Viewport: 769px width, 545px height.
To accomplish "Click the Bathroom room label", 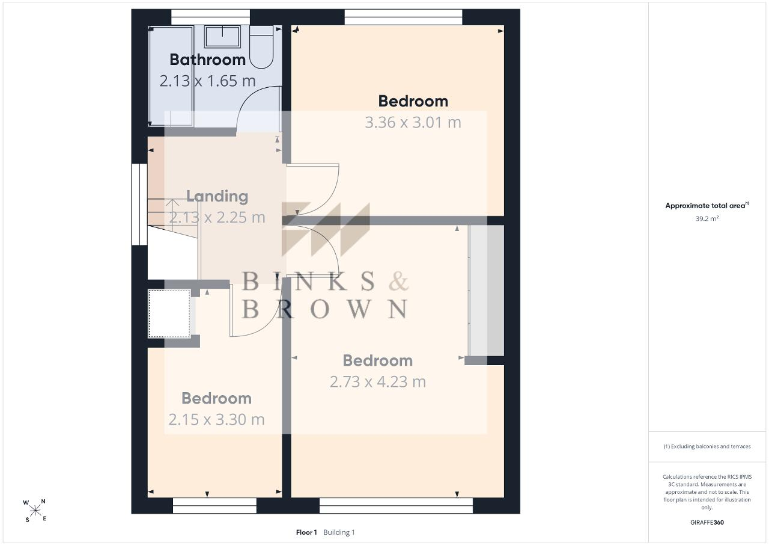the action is click(x=208, y=60).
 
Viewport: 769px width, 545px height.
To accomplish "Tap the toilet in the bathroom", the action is click(x=261, y=48).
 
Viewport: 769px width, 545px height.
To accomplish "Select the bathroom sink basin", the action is click(x=222, y=37).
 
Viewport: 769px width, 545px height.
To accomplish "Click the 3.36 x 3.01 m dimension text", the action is click(x=413, y=123).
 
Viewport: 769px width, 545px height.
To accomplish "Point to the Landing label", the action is click(x=217, y=196).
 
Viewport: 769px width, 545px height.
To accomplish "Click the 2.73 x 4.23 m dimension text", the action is click(x=378, y=382).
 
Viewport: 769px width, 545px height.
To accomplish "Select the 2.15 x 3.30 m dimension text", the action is click(x=216, y=419).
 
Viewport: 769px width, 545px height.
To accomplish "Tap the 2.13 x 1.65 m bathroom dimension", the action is click(x=208, y=81).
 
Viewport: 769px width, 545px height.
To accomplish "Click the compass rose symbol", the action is click(x=35, y=511).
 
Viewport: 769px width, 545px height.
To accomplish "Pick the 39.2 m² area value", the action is click(x=707, y=218).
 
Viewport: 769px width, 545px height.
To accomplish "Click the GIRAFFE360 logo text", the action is click(x=707, y=522).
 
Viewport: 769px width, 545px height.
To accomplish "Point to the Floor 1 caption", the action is click(x=306, y=532).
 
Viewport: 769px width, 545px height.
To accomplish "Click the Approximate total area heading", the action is click(x=707, y=206).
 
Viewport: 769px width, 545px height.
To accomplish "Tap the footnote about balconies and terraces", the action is click(x=707, y=446).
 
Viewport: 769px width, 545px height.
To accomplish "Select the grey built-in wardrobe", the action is click(x=487, y=291).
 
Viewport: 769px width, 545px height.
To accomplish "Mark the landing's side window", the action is click(x=140, y=204).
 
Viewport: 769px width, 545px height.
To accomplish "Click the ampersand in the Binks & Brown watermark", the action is click(x=398, y=281).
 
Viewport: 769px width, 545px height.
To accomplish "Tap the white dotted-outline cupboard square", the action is click(x=169, y=313).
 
